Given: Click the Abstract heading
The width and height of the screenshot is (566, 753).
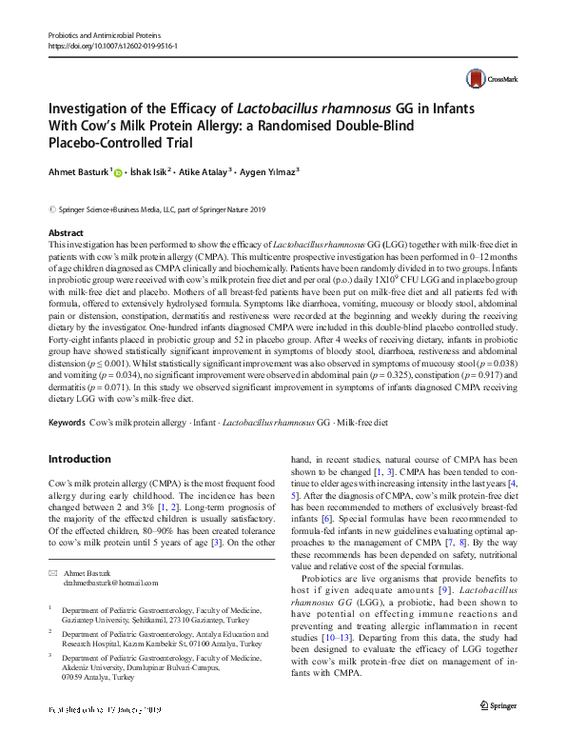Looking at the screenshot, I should (x=65, y=232).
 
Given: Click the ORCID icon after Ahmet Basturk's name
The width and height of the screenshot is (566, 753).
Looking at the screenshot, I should (x=118, y=172).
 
